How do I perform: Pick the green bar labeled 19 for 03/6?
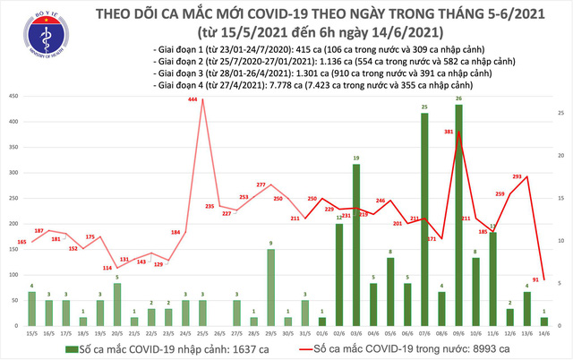pyautogui.click(x=355, y=245)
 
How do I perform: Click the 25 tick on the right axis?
pyautogui.click(x=556, y=113)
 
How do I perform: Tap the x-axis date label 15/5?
pyautogui.click(x=32, y=333)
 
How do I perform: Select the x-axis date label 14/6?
pyautogui.click(x=543, y=333)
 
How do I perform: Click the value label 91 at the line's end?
pyautogui.click(x=535, y=279)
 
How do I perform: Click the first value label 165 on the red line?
pyautogui.click(x=21, y=243)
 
